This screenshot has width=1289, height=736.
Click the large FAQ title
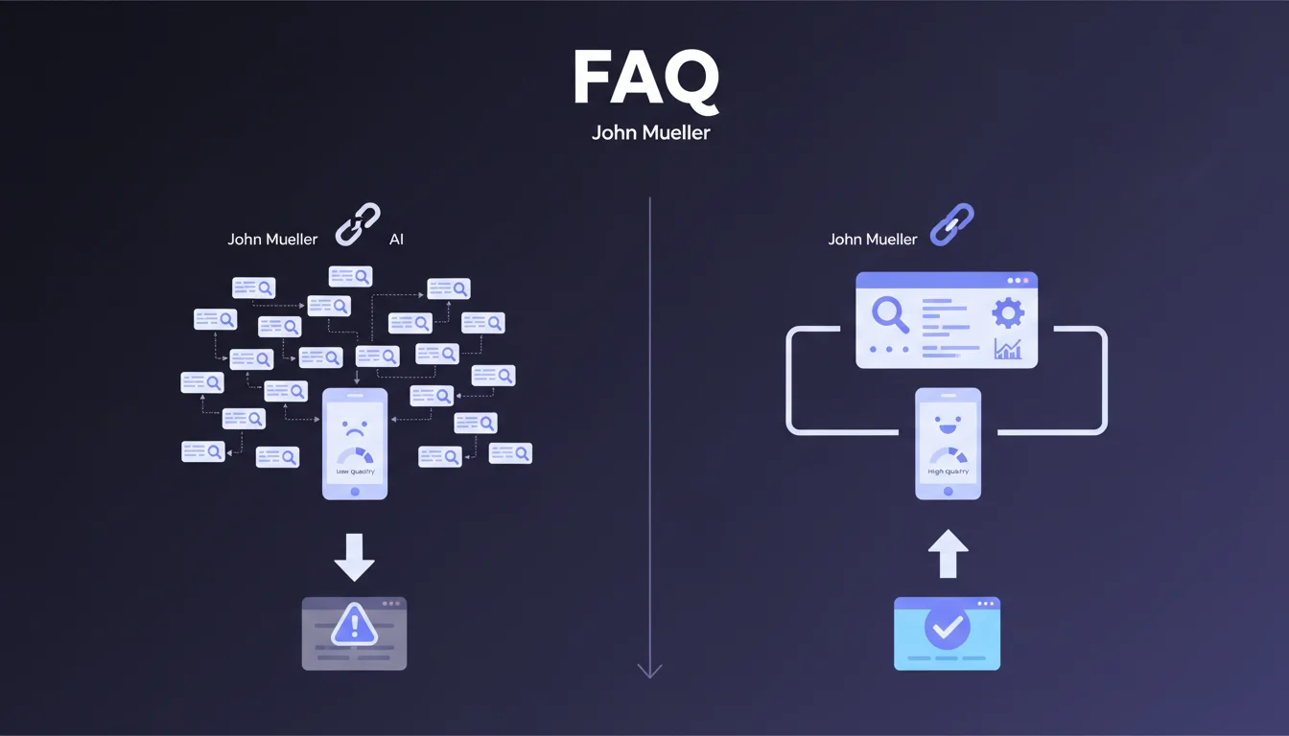[x=644, y=79]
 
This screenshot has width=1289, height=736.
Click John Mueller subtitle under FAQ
[x=651, y=132]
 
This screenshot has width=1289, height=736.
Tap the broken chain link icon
[x=357, y=225]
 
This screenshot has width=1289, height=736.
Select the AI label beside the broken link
[x=396, y=240]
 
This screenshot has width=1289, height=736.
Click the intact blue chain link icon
[x=951, y=225]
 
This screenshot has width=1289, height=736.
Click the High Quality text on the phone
[x=948, y=471]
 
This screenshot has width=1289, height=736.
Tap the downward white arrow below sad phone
[x=354, y=557]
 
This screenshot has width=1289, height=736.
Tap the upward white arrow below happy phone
[x=948, y=553]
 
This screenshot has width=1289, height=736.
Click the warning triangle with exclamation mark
[x=354, y=626]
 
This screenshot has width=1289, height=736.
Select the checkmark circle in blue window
[x=947, y=628]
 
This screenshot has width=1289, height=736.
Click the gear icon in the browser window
[x=1008, y=312]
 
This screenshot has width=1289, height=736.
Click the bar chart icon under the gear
[x=1008, y=349]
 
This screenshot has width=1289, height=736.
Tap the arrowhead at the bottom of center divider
[x=649, y=670]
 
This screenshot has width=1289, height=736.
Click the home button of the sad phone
[x=354, y=492]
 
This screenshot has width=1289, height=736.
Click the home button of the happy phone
[x=948, y=492]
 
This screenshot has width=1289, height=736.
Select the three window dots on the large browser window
[x=1017, y=281]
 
